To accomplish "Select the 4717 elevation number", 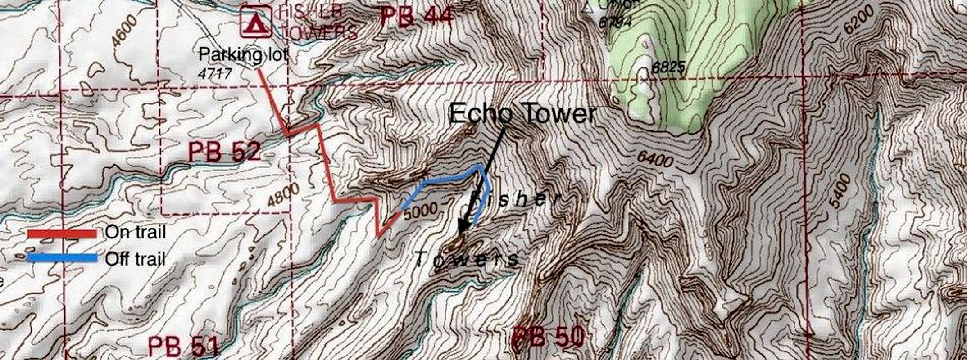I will point(215,73).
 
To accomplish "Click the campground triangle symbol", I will point(256,21).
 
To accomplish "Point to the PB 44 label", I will point(416,17).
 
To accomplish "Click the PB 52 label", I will point(224,152).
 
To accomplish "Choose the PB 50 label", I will point(549,337).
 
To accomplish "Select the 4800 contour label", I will point(283,195).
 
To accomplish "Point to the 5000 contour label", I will point(420,211).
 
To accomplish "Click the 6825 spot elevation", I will point(668,67).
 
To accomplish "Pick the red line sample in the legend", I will point(62,234).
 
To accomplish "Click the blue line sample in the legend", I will point(62,258).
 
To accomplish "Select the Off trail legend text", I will point(135,259).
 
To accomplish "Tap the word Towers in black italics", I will point(466,259).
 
